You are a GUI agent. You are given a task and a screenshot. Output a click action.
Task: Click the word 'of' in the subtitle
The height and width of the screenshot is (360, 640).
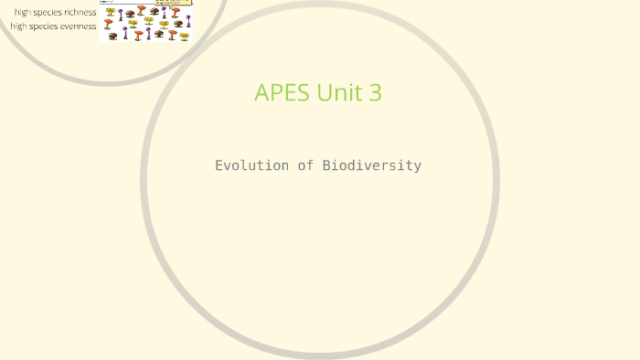click(x=304, y=165)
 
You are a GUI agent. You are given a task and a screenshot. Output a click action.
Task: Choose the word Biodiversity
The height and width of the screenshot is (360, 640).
click(x=371, y=165)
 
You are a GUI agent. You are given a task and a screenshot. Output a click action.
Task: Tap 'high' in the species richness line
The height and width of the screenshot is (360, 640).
click(x=23, y=13)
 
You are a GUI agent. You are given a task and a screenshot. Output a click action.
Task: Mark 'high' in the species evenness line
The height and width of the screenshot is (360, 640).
click(x=19, y=26)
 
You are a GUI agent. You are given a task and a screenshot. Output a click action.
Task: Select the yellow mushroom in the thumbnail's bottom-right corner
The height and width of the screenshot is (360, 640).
click(x=185, y=36)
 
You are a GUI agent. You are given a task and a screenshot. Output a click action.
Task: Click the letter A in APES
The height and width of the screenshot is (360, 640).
click(x=262, y=93)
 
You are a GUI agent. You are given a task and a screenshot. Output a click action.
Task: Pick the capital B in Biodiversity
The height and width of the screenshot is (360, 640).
click(x=326, y=165)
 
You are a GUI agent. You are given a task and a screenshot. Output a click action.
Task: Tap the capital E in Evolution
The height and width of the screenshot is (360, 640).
click(x=219, y=165)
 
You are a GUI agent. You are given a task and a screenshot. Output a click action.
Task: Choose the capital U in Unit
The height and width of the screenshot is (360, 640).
click(x=325, y=93)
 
